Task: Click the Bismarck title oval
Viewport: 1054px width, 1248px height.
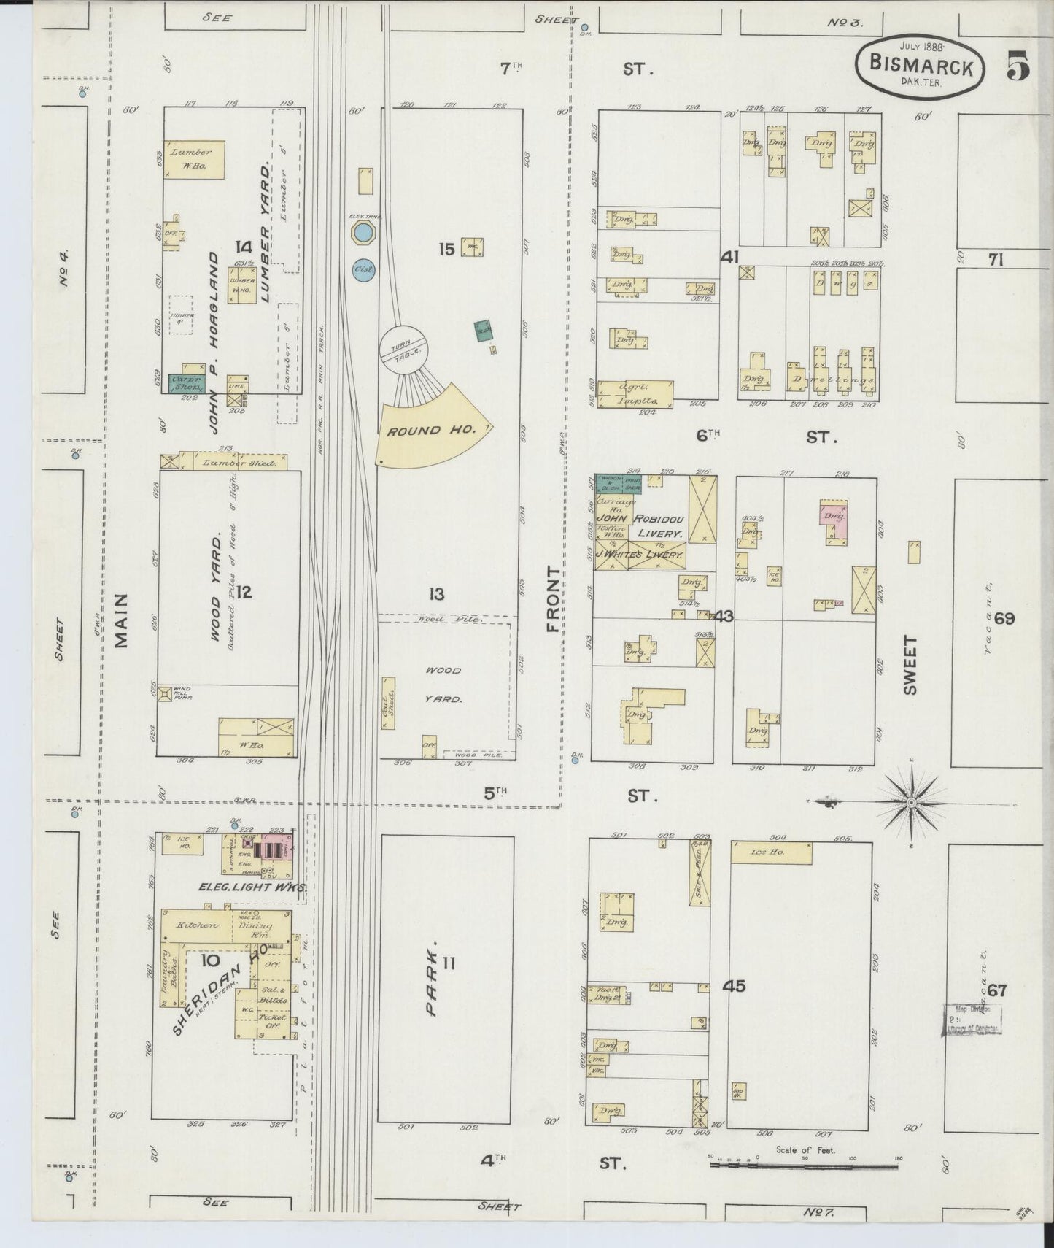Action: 921,67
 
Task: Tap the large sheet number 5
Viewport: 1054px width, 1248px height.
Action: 1018,66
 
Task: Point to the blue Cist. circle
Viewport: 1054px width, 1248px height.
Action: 363,269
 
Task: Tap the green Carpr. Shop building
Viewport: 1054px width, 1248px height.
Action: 186,383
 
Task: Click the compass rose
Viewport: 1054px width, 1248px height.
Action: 911,802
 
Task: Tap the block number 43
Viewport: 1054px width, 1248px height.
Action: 724,616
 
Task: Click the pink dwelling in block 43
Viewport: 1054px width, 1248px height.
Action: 834,520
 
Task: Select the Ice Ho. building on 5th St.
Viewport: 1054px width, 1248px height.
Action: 770,852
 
